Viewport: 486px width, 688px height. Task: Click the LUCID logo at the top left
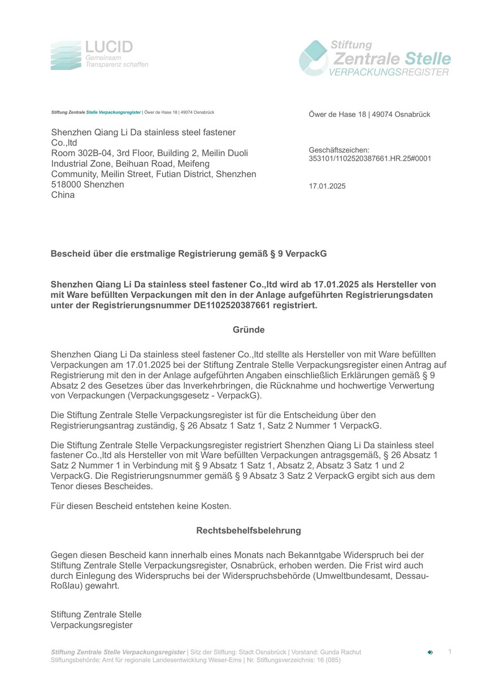[x=99, y=55]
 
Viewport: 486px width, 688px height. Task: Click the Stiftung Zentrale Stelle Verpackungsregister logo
[x=375, y=58]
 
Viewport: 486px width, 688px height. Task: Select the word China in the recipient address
[x=63, y=195]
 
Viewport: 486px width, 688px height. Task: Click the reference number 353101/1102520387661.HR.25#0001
[x=370, y=158]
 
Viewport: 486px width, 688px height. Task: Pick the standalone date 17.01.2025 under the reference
[x=327, y=186]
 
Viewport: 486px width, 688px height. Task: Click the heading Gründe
[x=249, y=330]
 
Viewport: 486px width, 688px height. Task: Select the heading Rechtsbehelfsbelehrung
[x=249, y=531]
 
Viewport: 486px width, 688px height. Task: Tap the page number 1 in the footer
[x=450, y=652]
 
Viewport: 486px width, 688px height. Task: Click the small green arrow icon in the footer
[x=430, y=652]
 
